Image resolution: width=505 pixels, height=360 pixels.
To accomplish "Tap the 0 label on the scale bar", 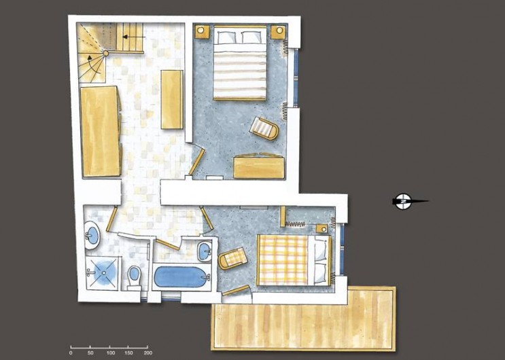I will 71,353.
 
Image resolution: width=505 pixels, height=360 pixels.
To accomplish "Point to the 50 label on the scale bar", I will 90,353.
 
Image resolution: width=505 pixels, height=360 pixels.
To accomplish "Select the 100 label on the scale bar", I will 109,353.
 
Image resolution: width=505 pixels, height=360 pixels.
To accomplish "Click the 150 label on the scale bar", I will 128,353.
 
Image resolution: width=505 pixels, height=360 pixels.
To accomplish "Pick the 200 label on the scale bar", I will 147,353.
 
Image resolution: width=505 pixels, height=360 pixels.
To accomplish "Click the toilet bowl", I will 134,275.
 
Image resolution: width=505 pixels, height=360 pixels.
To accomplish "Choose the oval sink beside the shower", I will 91,236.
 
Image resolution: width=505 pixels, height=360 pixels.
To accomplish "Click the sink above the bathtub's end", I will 205,251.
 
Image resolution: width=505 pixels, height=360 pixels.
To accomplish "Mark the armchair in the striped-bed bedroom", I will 264,127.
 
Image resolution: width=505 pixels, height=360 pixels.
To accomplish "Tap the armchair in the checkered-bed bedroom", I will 233,258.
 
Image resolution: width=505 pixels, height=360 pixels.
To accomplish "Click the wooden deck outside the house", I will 303,318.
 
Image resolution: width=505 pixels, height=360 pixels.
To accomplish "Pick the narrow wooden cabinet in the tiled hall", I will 172,98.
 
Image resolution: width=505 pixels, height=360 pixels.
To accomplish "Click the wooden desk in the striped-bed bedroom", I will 257,166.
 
